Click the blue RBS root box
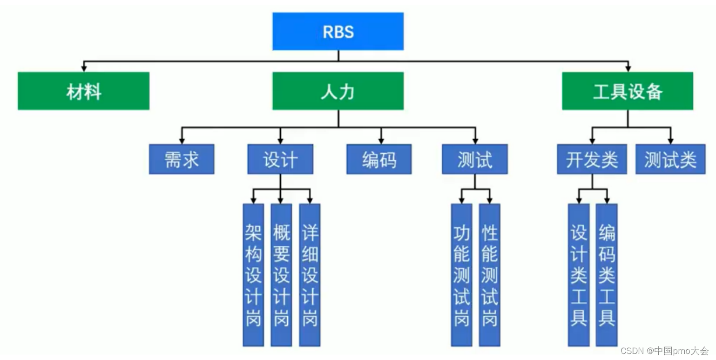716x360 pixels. click(x=338, y=31)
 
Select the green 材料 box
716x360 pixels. click(x=84, y=91)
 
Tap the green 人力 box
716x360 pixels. click(x=338, y=91)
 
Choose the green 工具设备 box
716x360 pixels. click(x=628, y=91)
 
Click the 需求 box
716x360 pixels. click(x=182, y=159)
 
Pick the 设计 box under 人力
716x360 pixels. click(x=280, y=159)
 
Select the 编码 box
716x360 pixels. click(x=379, y=159)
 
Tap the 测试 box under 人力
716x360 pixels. click(x=475, y=159)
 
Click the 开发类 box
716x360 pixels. click(x=592, y=159)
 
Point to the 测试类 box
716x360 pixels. click(x=670, y=159)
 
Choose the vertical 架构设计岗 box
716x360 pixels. click(x=253, y=275)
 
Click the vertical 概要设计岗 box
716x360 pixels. click(x=281, y=275)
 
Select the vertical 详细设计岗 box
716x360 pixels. click(x=310, y=275)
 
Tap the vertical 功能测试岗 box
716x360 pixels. click(x=461, y=275)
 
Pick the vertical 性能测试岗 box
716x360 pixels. click(x=490, y=275)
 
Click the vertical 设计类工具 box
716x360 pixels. click(x=579, y=275)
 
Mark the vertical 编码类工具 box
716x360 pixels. click(x=607, y=275)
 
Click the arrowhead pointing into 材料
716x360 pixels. click(x=84, y=68)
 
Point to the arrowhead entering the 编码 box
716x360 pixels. click(x=381, y=141)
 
